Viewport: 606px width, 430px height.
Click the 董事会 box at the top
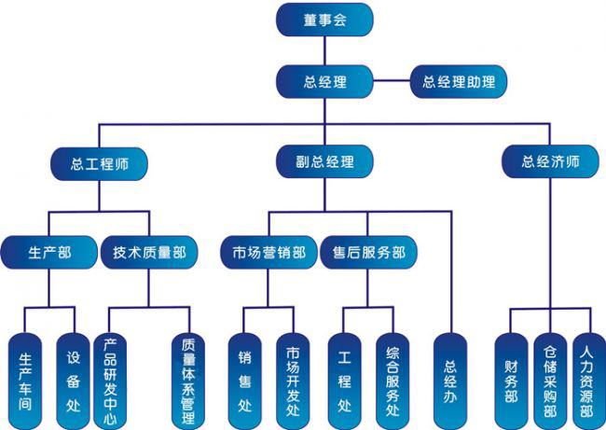324,21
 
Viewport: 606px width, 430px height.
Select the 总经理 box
324,81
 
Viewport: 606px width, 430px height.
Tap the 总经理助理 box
458,81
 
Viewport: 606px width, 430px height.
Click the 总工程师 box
99,162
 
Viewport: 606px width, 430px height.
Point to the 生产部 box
49,252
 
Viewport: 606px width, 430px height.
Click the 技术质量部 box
149,252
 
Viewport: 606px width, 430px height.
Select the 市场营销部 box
269,252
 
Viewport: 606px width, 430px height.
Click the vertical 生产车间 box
24,378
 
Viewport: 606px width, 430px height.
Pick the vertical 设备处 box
74,378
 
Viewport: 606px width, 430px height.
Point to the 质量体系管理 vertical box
188,378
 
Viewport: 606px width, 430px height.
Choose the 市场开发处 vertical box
293,378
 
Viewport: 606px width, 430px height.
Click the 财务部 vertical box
511,378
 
